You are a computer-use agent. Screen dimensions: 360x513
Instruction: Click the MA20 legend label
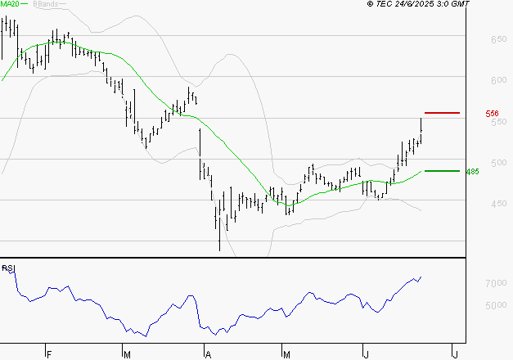click(x=11, y=5)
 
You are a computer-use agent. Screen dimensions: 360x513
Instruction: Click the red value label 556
click(x=493, y=114)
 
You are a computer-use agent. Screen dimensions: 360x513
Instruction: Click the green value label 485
click(x=494, y=172)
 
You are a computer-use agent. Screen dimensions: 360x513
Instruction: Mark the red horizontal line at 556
click(x=442, y=112)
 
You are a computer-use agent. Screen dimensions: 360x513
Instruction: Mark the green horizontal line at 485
click(x=442, y=171)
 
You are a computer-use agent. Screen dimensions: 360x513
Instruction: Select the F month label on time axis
click(x=49, y=354)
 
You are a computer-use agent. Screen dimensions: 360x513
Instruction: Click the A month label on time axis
click(x=209, y=354)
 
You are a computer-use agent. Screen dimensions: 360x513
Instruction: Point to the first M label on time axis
click(x=128, y=354)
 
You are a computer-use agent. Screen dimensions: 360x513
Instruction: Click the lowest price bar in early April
click(x=219, y=237)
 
